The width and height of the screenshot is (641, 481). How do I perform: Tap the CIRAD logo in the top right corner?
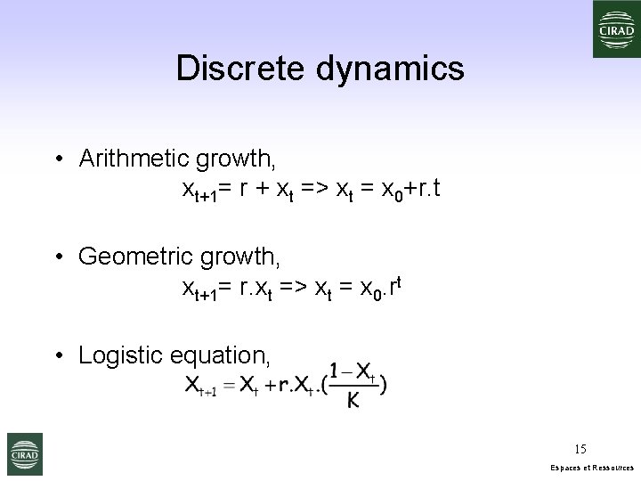pyautogui.click(x=616, y=29)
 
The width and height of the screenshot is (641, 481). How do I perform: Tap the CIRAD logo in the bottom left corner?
pyautogui.click(x=24, y=454)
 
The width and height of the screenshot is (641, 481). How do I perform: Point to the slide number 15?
pyautogui.click(x=580, y=449)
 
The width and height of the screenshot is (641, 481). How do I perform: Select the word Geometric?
pyautogui.click(x=133, y=257)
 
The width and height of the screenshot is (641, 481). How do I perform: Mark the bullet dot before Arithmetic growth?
pyautogui.click(x=57, y=160)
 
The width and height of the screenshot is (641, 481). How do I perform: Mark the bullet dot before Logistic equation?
pyautogui.click(x=57, y=356)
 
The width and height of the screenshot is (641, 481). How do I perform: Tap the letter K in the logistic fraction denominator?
pyautogui.click(x=353, y=402)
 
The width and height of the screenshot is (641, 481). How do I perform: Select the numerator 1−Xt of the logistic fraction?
pyautogui.click(x=351, y=371)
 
